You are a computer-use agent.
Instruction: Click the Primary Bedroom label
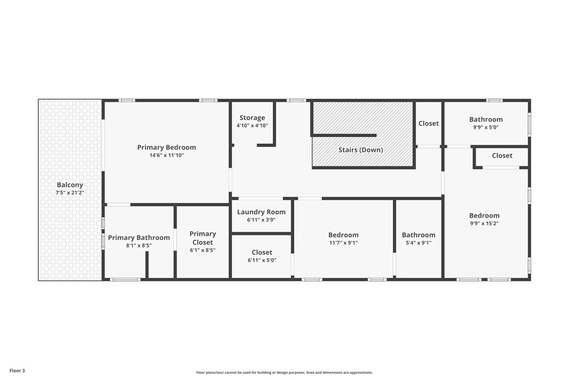[167, 147]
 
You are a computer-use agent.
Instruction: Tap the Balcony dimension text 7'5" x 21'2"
[69, 193]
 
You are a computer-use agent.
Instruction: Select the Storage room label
[252, 118]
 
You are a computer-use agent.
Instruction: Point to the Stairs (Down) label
[361, 150]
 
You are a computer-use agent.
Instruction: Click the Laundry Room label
[261, 212]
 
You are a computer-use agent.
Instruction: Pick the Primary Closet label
[203, 238]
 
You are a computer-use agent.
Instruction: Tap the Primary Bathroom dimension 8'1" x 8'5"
[139, 245]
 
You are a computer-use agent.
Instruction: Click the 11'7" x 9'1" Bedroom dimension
[343, 243]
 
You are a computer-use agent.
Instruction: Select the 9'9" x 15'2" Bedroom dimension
[485, 224]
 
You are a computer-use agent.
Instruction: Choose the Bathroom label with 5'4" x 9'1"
[418, 235]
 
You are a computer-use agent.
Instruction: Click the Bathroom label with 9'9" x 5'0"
[486, 119]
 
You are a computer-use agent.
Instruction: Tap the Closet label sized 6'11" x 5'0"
[262, 252]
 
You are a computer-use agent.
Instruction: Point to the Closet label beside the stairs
[428, 124]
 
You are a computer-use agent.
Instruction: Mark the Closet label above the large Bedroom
[502, 155]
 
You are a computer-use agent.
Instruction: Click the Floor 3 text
[17, 371]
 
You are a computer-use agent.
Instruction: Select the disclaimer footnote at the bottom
[284, 372]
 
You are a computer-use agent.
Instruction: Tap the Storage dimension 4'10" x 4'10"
[252, 126]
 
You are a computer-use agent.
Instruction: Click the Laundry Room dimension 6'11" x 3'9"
[261, 220]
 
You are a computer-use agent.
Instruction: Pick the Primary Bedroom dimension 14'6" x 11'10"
[167, 155]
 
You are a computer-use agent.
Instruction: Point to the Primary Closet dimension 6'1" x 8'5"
[202, 250]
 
